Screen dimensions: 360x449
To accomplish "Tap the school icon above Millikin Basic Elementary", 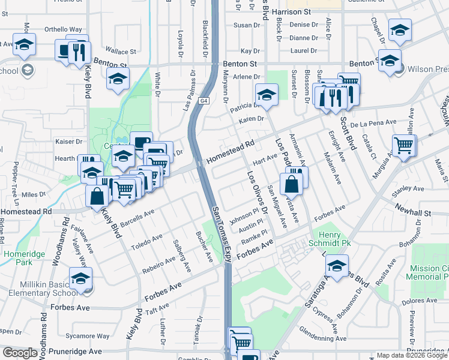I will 80,278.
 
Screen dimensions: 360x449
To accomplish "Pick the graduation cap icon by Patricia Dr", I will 267,94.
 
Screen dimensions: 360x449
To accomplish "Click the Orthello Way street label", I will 64,29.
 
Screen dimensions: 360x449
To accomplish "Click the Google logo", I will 20,353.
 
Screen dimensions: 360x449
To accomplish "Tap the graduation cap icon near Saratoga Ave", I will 337,266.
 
